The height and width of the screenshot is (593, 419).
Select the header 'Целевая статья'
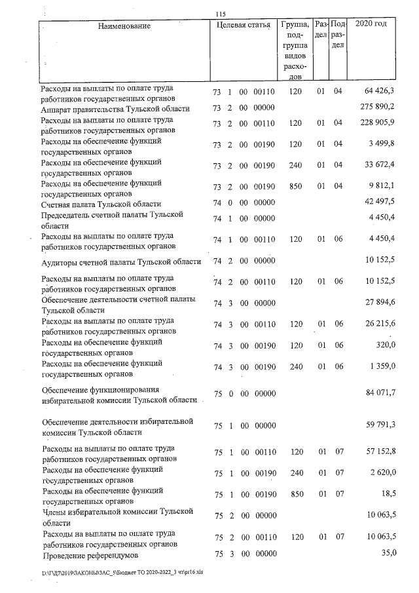tap(243, 26)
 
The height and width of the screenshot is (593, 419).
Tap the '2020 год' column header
tap(370, 24)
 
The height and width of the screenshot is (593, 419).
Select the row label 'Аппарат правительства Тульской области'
tap(115, 108)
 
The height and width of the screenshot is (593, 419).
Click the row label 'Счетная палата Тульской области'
tap(101, 204)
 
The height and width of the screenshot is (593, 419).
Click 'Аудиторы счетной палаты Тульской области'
tap(120, 261)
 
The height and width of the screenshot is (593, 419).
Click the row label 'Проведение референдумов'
tap(92, 554)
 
